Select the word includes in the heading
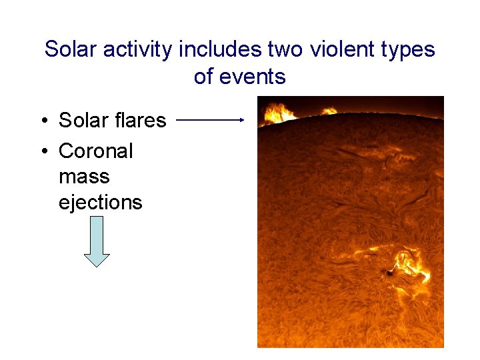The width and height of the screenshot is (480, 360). pyautogui.click(x=221, y=49)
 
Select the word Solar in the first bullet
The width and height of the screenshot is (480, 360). pyautogui.click(x=84, y=120)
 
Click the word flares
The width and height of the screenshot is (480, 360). pyautogui.click(x=140, y=120)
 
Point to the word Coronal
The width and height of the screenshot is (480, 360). pyautogui.click(x=96, y=151)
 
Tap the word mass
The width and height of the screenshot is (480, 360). pyautogui.click(x=84, y=177)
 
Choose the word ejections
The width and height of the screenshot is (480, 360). pyautogui.click(x=101, y=203)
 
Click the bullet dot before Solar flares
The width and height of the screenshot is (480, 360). pyautogui.click(x=43, y=121)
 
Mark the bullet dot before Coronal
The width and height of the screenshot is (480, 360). pyautogui.click(x=43, y=151)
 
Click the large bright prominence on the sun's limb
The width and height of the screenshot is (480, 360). pyautogui.click(x=277, y=113)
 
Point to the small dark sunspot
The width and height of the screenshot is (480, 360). pyautogui.click(x=389, y=272)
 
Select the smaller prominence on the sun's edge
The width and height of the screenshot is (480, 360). pyautogui.click(x=329, y=111)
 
